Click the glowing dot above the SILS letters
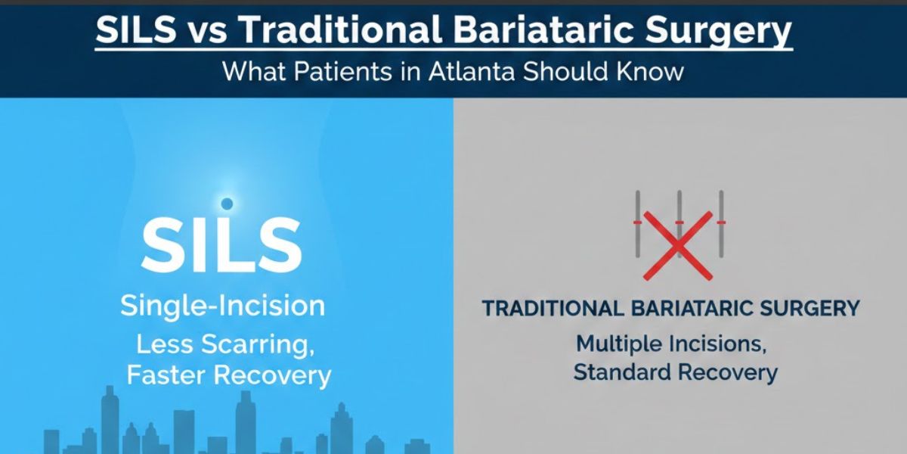click(x=226, y=204)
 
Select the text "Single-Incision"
click(x=223, y=306)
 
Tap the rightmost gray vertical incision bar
click(x=721, y=224)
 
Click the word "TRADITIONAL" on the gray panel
click(x=552, y=309)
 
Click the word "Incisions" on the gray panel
click(x=720, y=343)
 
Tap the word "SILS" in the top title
click(x=134, y=31)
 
